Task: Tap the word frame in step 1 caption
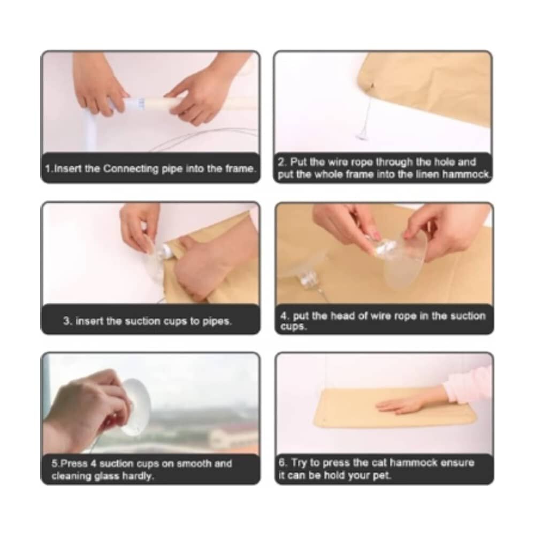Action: tap(240, 169)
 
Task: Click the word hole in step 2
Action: tap(429, 162)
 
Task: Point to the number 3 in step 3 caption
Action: tap(67, 321)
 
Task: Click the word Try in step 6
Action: tap(299, 463)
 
